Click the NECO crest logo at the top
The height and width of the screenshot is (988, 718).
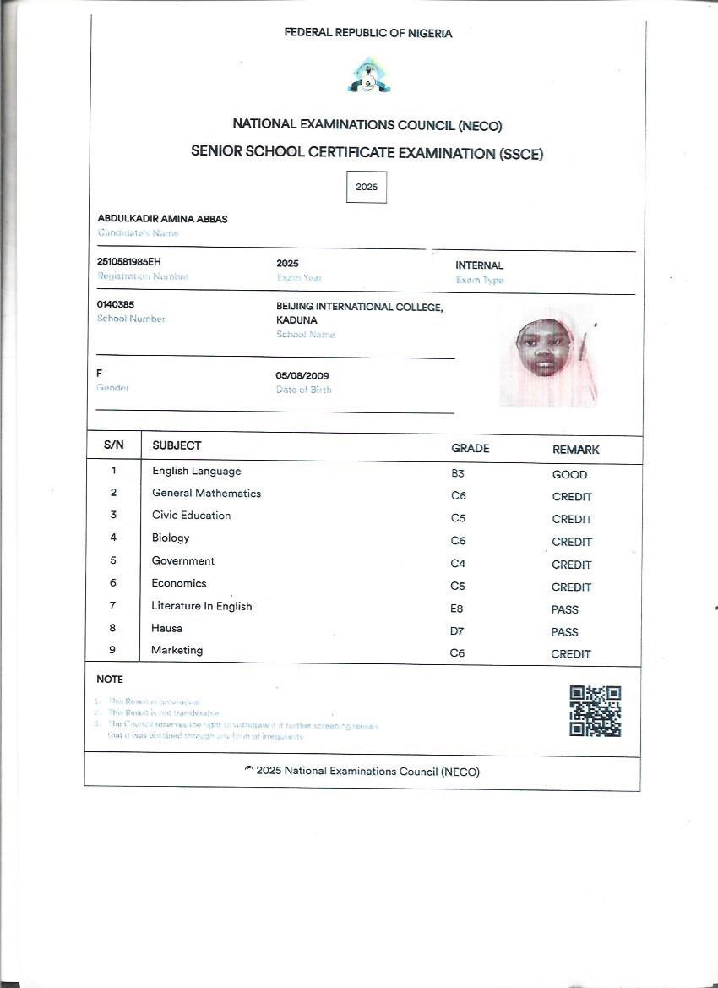pyautogui.click(x=367, y=76)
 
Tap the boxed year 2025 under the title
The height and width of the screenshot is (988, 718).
pyautogui.click(x=367, y=187)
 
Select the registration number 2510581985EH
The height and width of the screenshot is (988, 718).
pyautogui.click(x=129, y=261)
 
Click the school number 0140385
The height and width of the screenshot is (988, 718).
pyautogui.click(x=116, y=304)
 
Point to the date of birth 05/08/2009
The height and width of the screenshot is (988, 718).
pyautogui.click(x=302, y=375)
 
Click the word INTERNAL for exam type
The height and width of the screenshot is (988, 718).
pyautogui.click(x=479, y=265)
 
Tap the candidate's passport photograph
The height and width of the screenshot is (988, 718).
pyautogui.click(x=546, y=355)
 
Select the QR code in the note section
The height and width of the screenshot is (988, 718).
pyautogui.click(x=596, y=711)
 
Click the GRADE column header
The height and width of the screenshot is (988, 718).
pyautogui.click(x=471, y=449)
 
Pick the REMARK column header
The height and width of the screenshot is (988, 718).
pyautogui.click(x=576, y=450)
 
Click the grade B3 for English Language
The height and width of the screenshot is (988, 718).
pyautogui.click(x=458, y=474)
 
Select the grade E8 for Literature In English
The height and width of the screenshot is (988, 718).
pyautogui.click(x=457, y=609)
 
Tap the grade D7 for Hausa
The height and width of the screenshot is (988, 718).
pyautogui.click(x=458, y=631)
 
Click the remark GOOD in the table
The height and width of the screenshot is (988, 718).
pyautogui.click(x=569, y=475)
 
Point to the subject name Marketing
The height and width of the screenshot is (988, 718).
pyautogui.click(x=177, y=650)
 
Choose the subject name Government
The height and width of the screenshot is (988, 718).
pyautogui.click(x=183, y=560)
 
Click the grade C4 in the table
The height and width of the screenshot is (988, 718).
pyautogui.click(x=458, y=564)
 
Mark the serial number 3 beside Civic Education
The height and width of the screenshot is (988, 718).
pyautogui.click(x=113, y=515)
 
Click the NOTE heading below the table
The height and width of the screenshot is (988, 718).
pyautogui.click(x=110, y=679)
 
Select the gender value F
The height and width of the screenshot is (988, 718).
pyautogui.click(x=100, y=373)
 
